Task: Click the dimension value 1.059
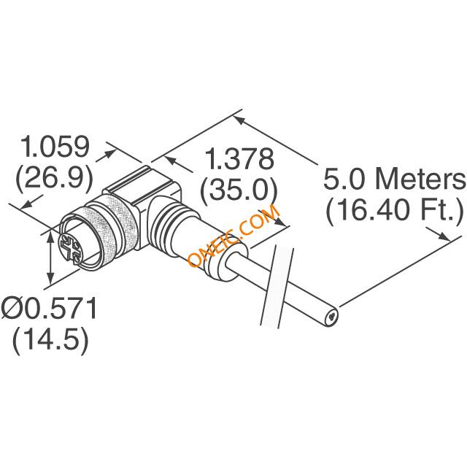tap(55, 147)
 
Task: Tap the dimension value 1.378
tap(240, 159)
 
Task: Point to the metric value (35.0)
tap(239, 190)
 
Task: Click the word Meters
tap(420, 179)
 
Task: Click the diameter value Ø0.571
tap(50, 308)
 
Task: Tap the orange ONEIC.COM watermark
tap(234, 236)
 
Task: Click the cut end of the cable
tap(332, 318)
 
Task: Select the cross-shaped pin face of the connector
tap(70, 245)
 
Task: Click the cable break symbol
tap(277, 287)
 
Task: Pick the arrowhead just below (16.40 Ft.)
tap(444, 236)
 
